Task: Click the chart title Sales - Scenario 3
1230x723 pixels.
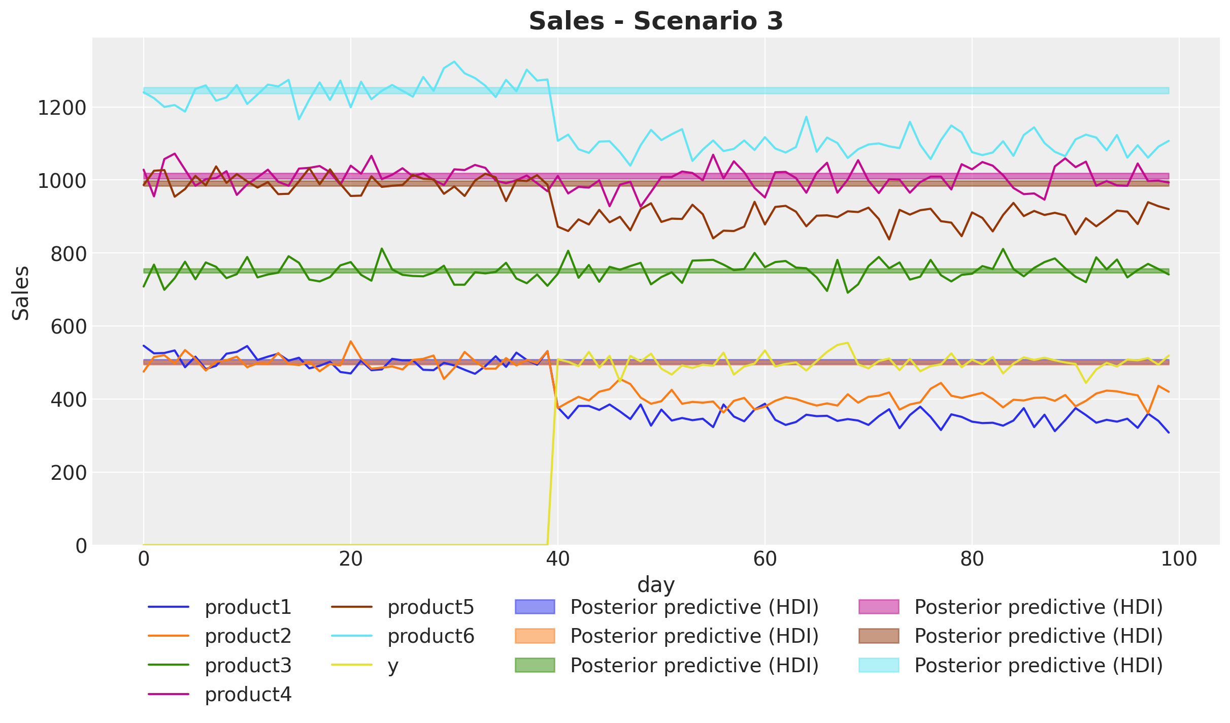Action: (656, 21)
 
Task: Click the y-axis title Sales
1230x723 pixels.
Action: (21, 293)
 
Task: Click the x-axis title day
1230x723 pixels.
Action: (656, 585)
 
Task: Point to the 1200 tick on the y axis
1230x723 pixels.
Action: (62, 108)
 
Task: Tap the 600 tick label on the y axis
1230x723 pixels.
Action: (69, 326)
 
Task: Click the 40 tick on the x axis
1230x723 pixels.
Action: (557, 560)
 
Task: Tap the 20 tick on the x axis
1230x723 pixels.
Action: (350, 560)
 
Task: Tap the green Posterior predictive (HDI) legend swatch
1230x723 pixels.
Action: (535, 665)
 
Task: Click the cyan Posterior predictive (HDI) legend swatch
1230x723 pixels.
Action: (879, 665)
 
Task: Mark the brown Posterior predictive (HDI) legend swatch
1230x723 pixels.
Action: (879, 636)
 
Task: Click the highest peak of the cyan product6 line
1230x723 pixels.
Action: (454, 61)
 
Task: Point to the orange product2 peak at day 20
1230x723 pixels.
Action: (350, 341)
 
